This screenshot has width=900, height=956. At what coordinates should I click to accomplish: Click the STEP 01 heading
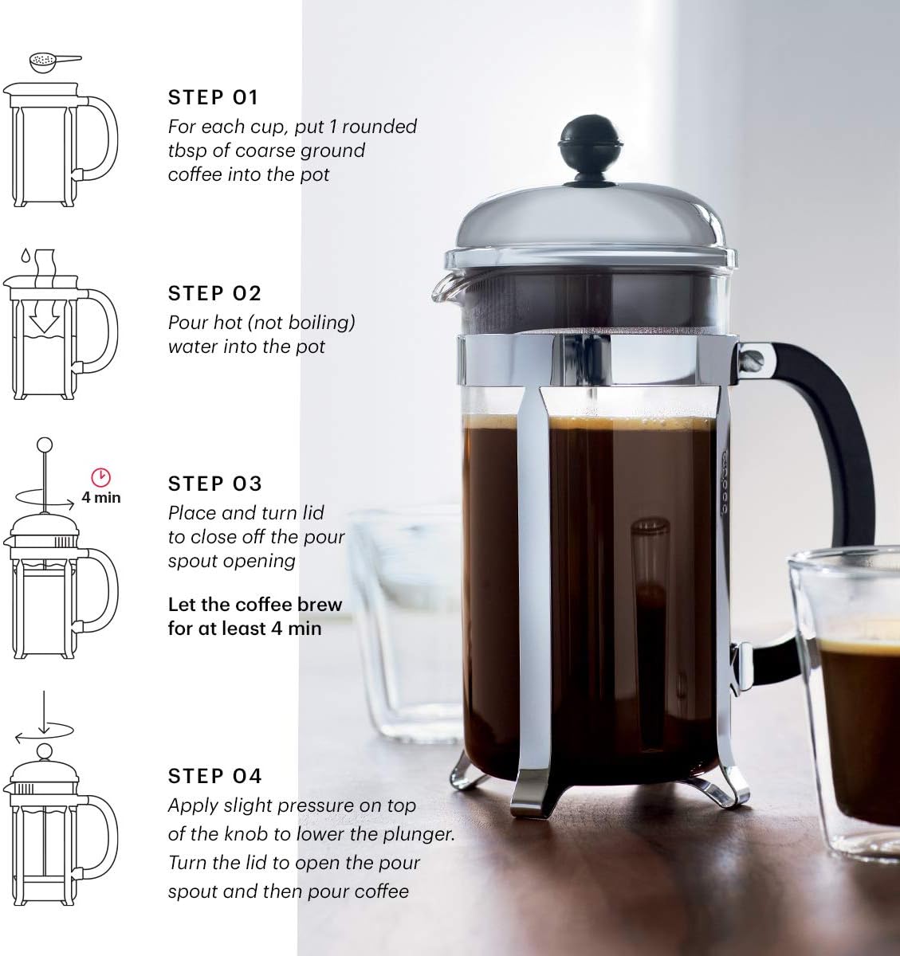click(x=214, y=98)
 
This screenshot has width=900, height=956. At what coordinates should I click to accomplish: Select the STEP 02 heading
click(x=214, y=294)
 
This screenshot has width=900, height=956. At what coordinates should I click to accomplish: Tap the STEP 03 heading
click(x=214, y=484)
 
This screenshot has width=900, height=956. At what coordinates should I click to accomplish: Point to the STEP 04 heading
click(x=214, y=776)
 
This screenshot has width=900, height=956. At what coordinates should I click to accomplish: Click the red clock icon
click(x=101, y=477)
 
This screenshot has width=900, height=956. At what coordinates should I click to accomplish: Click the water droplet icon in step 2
click(x=25, y=256)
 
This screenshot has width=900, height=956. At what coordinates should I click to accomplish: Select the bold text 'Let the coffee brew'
click(x=254, y=605)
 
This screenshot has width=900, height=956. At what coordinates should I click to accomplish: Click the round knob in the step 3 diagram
click(x=45, y=445)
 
